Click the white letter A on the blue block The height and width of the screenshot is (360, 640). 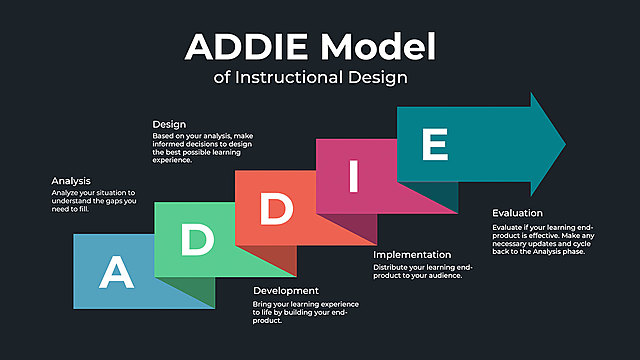[116, 271]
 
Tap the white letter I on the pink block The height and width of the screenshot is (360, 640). [352, 177]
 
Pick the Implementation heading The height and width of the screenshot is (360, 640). [411, 255]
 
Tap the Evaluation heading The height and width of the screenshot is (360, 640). [517, 213]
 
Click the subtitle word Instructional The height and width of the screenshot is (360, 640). [296, 75]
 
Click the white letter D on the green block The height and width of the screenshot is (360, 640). [197, 238]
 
